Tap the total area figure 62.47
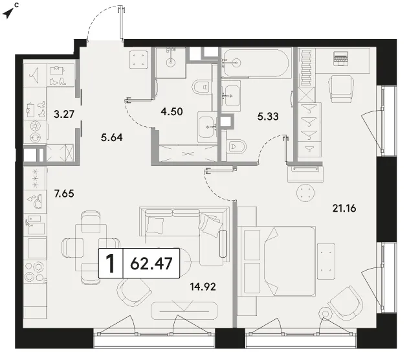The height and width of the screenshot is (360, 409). (151, 264)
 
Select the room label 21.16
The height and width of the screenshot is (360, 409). (344, 208)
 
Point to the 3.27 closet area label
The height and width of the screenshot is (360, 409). (64, 114)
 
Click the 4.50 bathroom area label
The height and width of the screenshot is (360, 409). (171, 111)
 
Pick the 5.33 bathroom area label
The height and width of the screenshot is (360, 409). (268, 116)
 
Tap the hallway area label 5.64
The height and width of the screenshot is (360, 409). (112, 137)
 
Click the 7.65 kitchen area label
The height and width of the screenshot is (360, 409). (64, 194)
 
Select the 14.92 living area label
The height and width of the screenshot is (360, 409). (203, 287)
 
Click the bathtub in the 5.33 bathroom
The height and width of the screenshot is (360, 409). (256, 63)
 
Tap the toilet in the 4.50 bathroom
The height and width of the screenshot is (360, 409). (201, 87)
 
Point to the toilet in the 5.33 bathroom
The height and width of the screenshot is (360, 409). (237, 147)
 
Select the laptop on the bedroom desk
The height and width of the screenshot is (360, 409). (340, 59)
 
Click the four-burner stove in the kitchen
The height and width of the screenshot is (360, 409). (36, 272)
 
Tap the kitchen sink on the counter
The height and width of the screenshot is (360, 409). (36, 224)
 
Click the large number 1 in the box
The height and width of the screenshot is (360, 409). (110, 264)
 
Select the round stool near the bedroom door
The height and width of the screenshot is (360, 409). (305, 193)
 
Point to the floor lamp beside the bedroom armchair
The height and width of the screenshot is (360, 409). (326, 313)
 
